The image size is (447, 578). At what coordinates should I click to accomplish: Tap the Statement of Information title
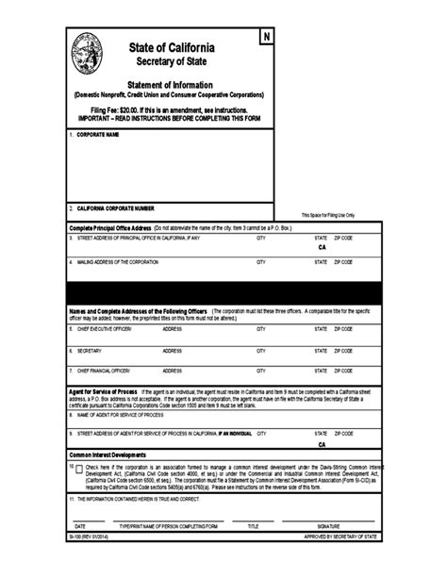tap(171, 85)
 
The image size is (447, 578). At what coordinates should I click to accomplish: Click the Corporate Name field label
tap(97, 135)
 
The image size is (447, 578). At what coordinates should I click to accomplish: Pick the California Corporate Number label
tap(115, 207)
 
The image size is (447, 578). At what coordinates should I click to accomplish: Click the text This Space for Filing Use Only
tap(327, 215)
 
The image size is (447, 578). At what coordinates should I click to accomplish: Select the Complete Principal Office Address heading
tap(110, 227)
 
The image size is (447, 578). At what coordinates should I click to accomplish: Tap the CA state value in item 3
tap(322, 248)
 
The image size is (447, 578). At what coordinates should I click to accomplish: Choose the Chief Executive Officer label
tap(104, 328)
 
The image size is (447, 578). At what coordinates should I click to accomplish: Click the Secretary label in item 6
tap(91, 350)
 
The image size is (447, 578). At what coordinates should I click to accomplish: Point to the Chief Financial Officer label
tap(104, 371)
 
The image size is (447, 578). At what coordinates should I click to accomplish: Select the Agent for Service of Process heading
tap(104, 390)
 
